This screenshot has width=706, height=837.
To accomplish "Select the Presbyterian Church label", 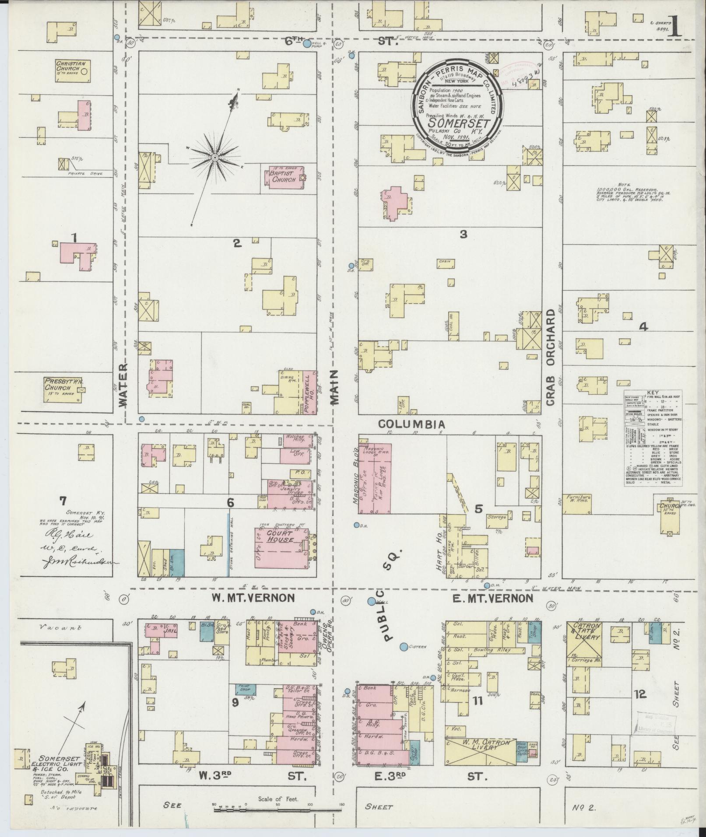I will point(63,385).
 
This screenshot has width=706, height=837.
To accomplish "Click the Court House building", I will point(281,544).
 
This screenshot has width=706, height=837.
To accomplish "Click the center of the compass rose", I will point(214,157).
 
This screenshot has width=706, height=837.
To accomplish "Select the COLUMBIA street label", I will point(411,424).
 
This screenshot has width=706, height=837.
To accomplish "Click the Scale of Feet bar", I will point(277,810).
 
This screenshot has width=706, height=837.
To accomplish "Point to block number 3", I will point(463,235).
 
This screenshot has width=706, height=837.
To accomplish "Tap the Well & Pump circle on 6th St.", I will point(307,44).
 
